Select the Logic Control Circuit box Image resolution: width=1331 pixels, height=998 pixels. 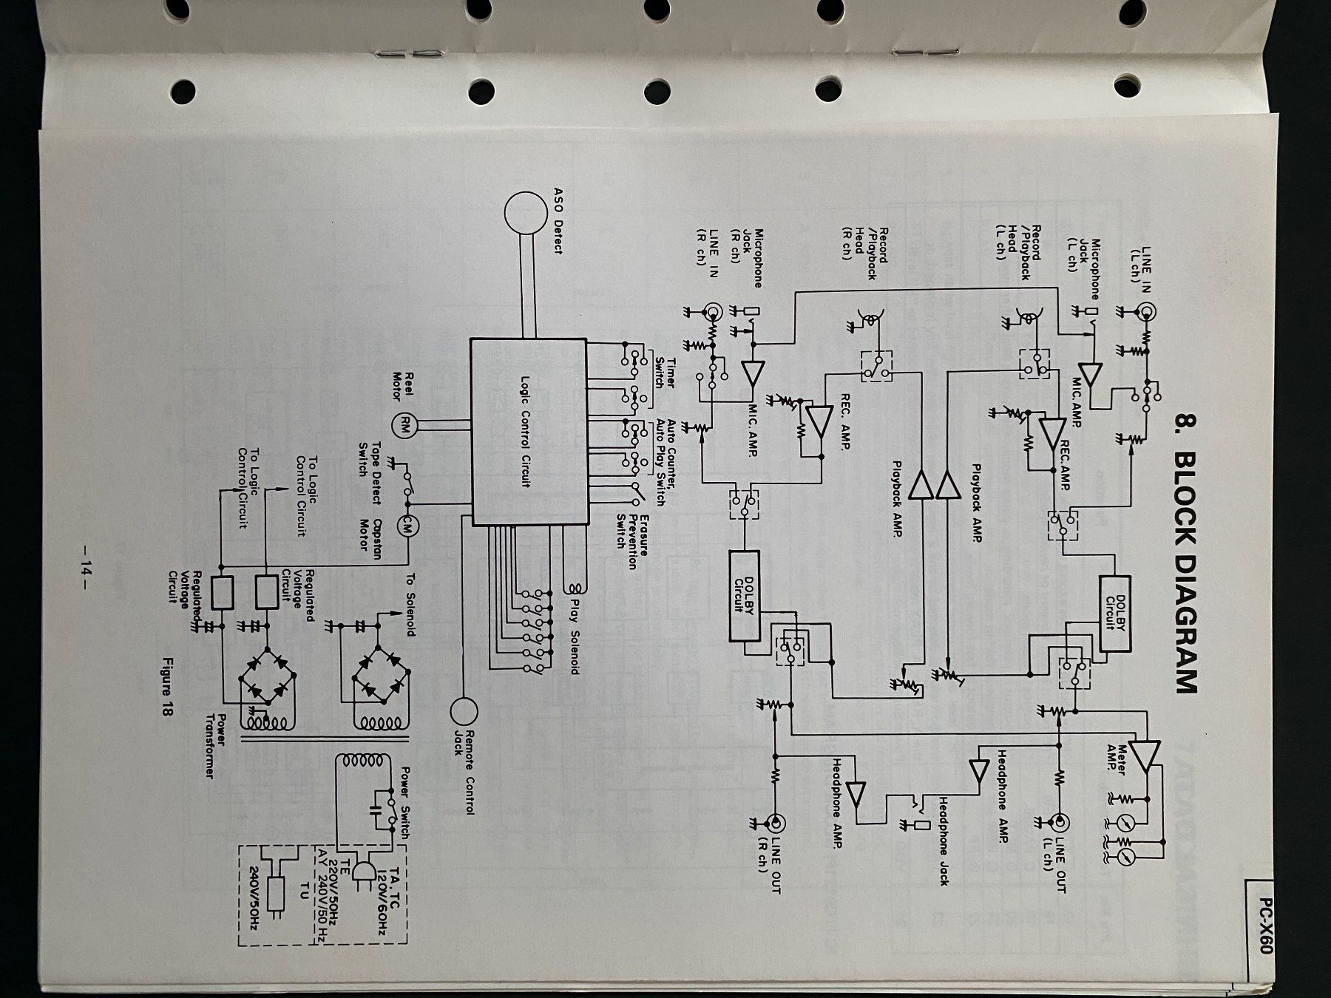pyautogui.click(x=529, y=432)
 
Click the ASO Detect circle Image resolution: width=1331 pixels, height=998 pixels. pyautogui.click(x=526, y=213)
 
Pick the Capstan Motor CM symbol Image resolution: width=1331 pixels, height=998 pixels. pyautogui.click(x=407, y=524)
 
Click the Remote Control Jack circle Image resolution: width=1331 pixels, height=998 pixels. pyautogui.click(x=464, y=711)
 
